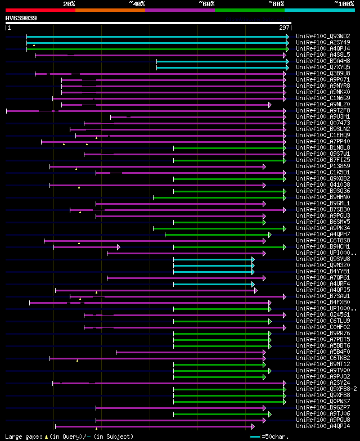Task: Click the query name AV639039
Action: click(x=21, y=18)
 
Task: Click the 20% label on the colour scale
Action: click(x=69, y=3)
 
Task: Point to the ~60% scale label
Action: click(x=206, y=3)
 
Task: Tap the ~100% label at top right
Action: click(x=344, y=3)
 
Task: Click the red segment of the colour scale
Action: click(x=40, y=10)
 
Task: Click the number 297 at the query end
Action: click(x=284, y=28)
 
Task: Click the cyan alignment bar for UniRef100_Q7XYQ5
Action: click(x=222, y=67)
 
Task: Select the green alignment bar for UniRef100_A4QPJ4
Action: click(x=157, y=49)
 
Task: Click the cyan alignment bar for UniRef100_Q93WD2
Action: click(x=157, y=37)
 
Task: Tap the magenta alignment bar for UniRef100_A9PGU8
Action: click(x=180, y=420)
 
